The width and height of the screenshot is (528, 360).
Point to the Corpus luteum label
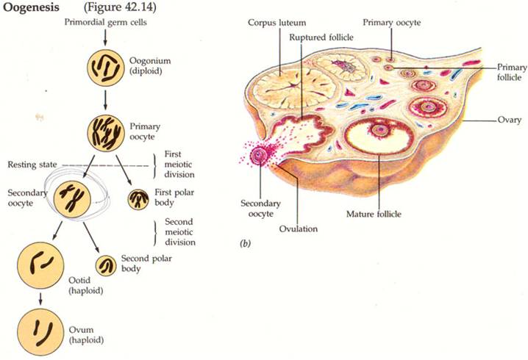click(276, 24)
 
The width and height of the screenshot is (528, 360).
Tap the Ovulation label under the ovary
click(299, 228)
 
